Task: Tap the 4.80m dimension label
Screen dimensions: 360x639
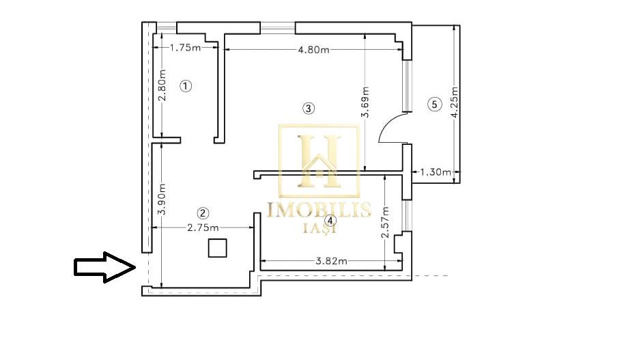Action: [x=313, y=49]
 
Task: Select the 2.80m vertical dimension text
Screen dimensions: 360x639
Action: [x=162, y=87]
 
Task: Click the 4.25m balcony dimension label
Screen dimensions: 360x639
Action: [x=455, y=102]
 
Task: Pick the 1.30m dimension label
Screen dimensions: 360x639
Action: [x=436, y=172]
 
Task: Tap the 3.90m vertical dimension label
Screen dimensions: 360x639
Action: [x=162, y=199]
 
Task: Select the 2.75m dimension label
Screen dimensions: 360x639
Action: [x=203, y=228]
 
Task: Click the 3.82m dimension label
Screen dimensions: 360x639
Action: [x=331, y=260]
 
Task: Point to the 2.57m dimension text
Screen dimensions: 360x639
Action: [x=385, y=222]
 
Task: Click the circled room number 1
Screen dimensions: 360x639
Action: [x=186, y=86]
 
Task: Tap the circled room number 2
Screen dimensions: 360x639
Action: [x=203, y=212]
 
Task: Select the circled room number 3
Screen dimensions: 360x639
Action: [x=309, y=108]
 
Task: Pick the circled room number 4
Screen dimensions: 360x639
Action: [x=330, y=221]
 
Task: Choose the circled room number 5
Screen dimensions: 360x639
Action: [x=432, y=105]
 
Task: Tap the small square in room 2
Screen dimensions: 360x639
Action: [x=217, y=248]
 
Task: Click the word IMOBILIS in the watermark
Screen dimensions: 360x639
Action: [x=319, y=210]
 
